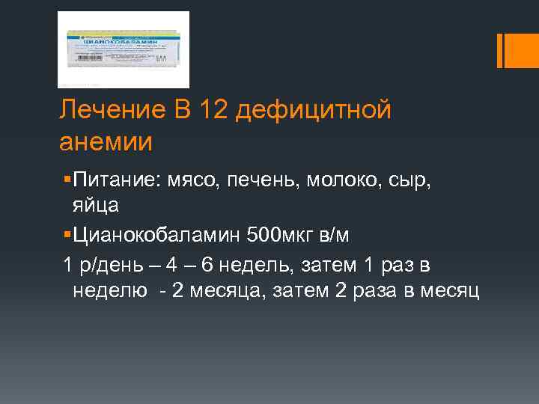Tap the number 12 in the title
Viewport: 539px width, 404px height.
point(214,111)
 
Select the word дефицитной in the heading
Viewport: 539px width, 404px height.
point(316,111)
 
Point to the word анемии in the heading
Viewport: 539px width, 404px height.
point(106,141)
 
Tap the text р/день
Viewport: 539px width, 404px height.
point(109,266)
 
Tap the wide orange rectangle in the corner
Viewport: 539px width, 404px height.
point(514,50)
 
